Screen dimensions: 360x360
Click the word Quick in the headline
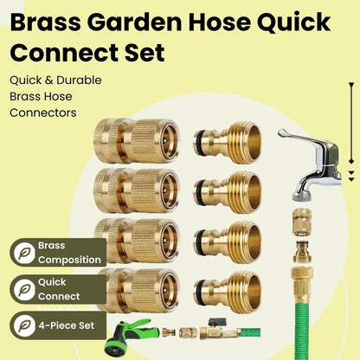293,22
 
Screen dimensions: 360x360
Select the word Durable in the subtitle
79,80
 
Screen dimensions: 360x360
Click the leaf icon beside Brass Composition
24,254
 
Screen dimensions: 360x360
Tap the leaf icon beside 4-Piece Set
24,325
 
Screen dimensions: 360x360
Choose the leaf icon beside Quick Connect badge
24,289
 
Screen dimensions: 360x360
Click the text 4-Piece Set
66,325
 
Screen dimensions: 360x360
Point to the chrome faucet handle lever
300,138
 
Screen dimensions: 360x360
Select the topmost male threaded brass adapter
228,143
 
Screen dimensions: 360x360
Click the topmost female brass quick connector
137,141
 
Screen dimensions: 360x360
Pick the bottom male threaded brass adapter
228,292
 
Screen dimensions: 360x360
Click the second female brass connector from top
137,190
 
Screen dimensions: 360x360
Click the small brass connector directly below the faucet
302,222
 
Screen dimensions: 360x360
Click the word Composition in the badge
69,260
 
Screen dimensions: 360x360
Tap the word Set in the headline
145,53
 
